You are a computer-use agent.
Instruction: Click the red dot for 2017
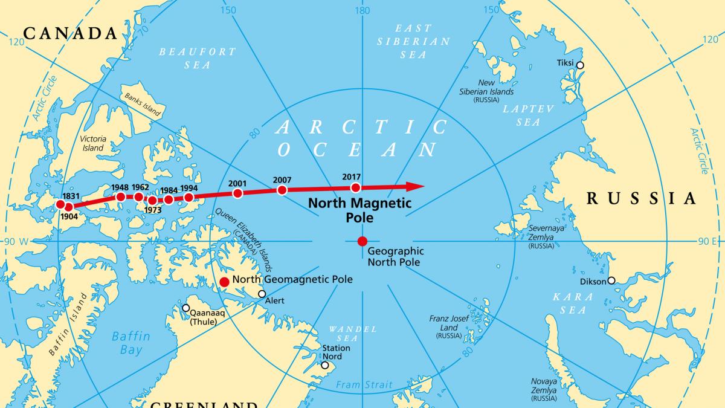(355, 187)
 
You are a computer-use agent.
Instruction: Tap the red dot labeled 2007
(282, 190)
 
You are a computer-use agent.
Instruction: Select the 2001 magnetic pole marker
(237, 193)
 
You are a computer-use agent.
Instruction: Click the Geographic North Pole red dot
(362, 241)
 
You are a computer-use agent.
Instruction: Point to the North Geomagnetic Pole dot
(224, 282)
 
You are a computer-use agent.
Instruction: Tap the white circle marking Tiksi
(580, 65)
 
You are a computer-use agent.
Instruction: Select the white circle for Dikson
(611, 280)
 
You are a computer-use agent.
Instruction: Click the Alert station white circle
(262, 294)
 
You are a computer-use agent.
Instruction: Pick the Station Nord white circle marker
(326, 366)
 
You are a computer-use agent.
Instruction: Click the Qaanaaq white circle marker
(186, 308)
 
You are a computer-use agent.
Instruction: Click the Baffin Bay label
(130, 343)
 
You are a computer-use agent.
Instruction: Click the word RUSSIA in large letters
(642, 198)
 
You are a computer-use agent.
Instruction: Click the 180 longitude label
(362, 10)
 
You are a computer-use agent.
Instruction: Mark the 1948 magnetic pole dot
(120, 197)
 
